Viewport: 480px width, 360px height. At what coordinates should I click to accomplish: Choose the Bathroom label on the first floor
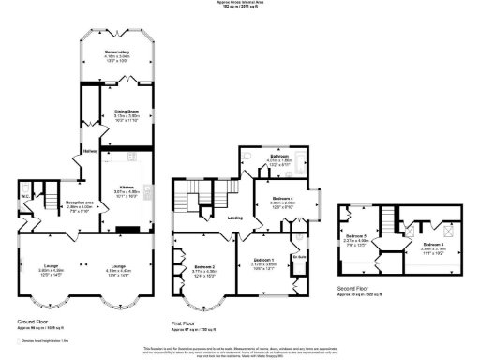tap(279, 156)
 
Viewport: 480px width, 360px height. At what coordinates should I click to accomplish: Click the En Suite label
tap(300, 255)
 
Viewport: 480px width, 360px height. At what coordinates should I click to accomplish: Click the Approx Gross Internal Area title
tap(240, 4)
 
